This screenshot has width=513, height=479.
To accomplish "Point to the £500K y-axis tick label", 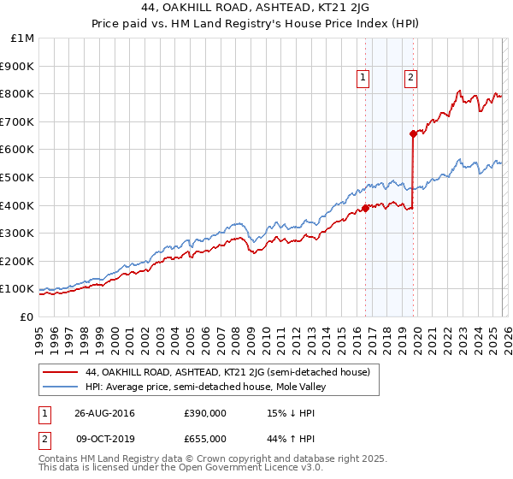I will (x=19, y=177).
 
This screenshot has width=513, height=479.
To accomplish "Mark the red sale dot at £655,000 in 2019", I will (x=413, y=133).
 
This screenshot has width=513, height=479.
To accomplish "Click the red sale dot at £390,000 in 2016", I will (x=365, y=208).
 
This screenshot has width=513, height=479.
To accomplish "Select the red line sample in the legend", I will (x=61, y=373).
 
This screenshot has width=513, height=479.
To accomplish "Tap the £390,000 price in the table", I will (x=205, y=414).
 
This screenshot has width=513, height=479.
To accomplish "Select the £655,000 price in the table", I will (x=205, y=438).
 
